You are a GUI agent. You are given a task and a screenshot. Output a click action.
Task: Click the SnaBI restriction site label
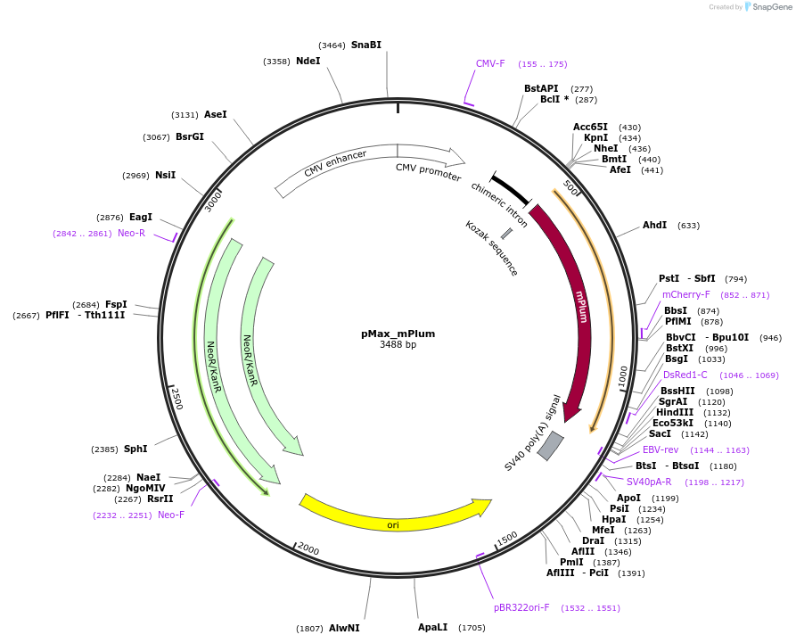click(x=365, y=45)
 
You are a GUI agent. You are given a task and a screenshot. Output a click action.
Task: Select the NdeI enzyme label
click(x=308, y=61)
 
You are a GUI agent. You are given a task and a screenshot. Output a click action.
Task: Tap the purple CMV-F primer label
click(x=490, y=63)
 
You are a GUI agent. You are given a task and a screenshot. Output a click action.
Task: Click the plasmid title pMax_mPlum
click(x=398, y=334)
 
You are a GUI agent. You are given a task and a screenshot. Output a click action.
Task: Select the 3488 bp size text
click(x=398, y=344)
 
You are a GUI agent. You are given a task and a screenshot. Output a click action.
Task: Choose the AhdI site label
click(x=654, y=225)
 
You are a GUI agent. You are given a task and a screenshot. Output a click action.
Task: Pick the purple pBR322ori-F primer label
click(x=521, y=607)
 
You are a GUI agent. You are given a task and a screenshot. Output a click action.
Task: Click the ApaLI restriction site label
click(x=433, y=627)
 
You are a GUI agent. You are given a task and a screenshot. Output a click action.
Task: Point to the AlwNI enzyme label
click(x=344, y=628)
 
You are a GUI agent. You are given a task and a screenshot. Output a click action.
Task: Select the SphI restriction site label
click(x=135, y=449)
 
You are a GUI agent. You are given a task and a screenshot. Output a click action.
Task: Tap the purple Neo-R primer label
click(x=131, y=233)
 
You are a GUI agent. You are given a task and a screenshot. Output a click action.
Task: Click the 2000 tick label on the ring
click(x=308, y=548)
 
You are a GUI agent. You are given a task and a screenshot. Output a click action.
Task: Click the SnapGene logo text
click(x=768, y=7)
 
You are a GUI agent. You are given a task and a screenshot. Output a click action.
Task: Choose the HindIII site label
click(x=674, y=412)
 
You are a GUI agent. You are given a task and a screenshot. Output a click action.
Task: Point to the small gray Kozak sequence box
click(x=506, y=233)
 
